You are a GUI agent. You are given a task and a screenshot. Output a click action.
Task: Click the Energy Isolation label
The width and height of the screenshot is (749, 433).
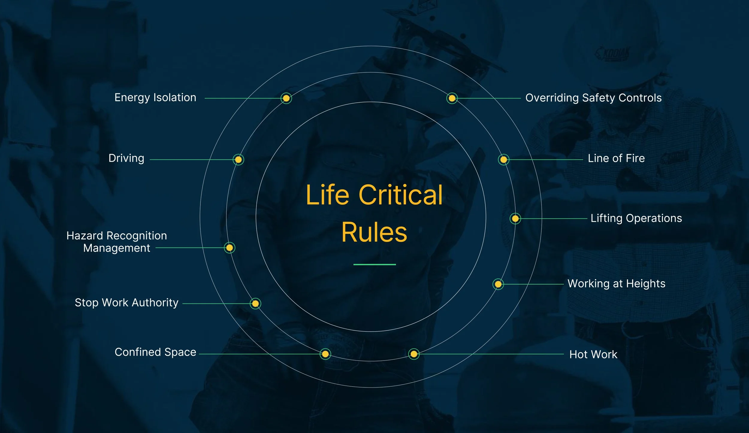click(x=155, y=98)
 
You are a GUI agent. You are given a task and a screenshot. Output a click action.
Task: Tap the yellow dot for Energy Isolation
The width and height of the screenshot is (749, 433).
click(x=286, y=98)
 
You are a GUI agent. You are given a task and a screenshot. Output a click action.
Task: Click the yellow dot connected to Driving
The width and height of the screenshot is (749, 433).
click(x=238, y=159)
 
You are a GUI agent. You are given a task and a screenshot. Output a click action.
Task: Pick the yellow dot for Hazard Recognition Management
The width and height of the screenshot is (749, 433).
click(x=229, y=248)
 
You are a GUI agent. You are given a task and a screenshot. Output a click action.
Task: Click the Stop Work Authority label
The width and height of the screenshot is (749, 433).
click(x=126, y=303)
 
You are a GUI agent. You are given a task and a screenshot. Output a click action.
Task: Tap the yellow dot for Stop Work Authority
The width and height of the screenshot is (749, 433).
click(x=255, y=304)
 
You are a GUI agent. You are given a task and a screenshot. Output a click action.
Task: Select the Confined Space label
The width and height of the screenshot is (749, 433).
click(x=155, y=352)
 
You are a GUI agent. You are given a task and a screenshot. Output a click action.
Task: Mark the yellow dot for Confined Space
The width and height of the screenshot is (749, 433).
click(x=325, y=354)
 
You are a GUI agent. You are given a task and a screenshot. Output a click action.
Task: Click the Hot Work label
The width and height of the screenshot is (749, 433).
click(x=593, y=355)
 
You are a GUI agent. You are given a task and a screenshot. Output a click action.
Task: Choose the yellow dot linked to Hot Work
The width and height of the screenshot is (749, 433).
click(x=414, y=354)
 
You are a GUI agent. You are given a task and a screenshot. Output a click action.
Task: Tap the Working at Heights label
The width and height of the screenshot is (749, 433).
click(x=617, y=284)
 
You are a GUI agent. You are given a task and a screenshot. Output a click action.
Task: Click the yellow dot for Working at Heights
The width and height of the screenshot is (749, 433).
click(x=498, y=284)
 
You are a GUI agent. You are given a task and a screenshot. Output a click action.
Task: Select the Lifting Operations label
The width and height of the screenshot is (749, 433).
click(x=636, y=218)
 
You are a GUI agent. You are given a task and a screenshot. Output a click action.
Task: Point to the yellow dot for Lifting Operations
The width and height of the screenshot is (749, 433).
click(x=515, y=218)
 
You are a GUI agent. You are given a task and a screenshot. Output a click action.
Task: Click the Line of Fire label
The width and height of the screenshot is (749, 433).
click(x=616, y=158)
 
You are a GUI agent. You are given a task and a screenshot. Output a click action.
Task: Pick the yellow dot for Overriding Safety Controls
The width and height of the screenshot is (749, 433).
click(x=452, y=98)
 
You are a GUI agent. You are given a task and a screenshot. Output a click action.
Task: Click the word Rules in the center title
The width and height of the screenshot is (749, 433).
click(x=374, y=232)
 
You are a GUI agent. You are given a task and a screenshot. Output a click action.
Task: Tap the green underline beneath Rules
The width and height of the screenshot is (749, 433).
click(x=374, y=265)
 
